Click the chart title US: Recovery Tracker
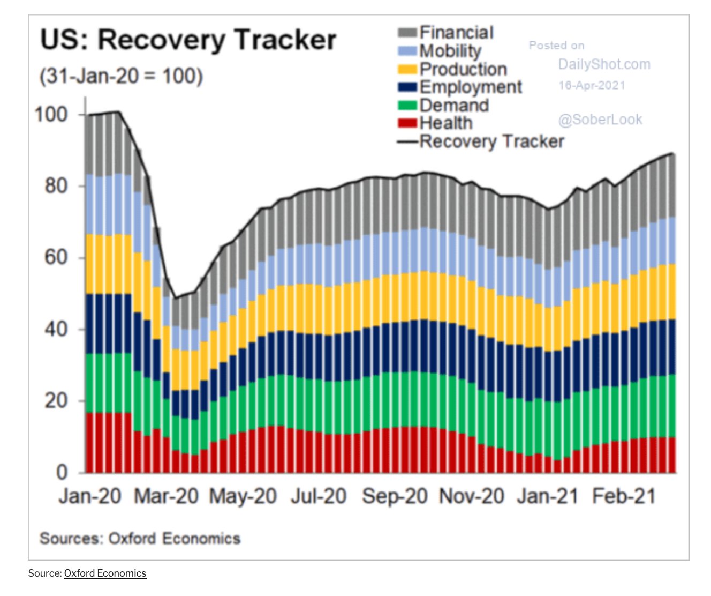[188, 41]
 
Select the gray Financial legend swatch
[407, 33]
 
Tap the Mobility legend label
[450, 51]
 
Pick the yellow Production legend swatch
[407, 69]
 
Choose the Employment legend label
[471, 87]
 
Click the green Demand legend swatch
[407, 105]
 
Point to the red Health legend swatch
[407, 123]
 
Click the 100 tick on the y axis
[51, 114]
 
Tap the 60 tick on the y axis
[56, 257]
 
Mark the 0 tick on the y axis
[62, 472]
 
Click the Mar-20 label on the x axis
[166, 496]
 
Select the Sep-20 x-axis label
[395, 496]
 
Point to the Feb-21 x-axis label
[624, 496]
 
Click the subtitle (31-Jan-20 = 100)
[121, 76]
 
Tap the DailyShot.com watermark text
[604, 64]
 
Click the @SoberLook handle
[600, 120]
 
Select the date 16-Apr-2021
[592, 85]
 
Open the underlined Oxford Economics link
[105, 573]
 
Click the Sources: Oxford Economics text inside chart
[140, 538]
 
